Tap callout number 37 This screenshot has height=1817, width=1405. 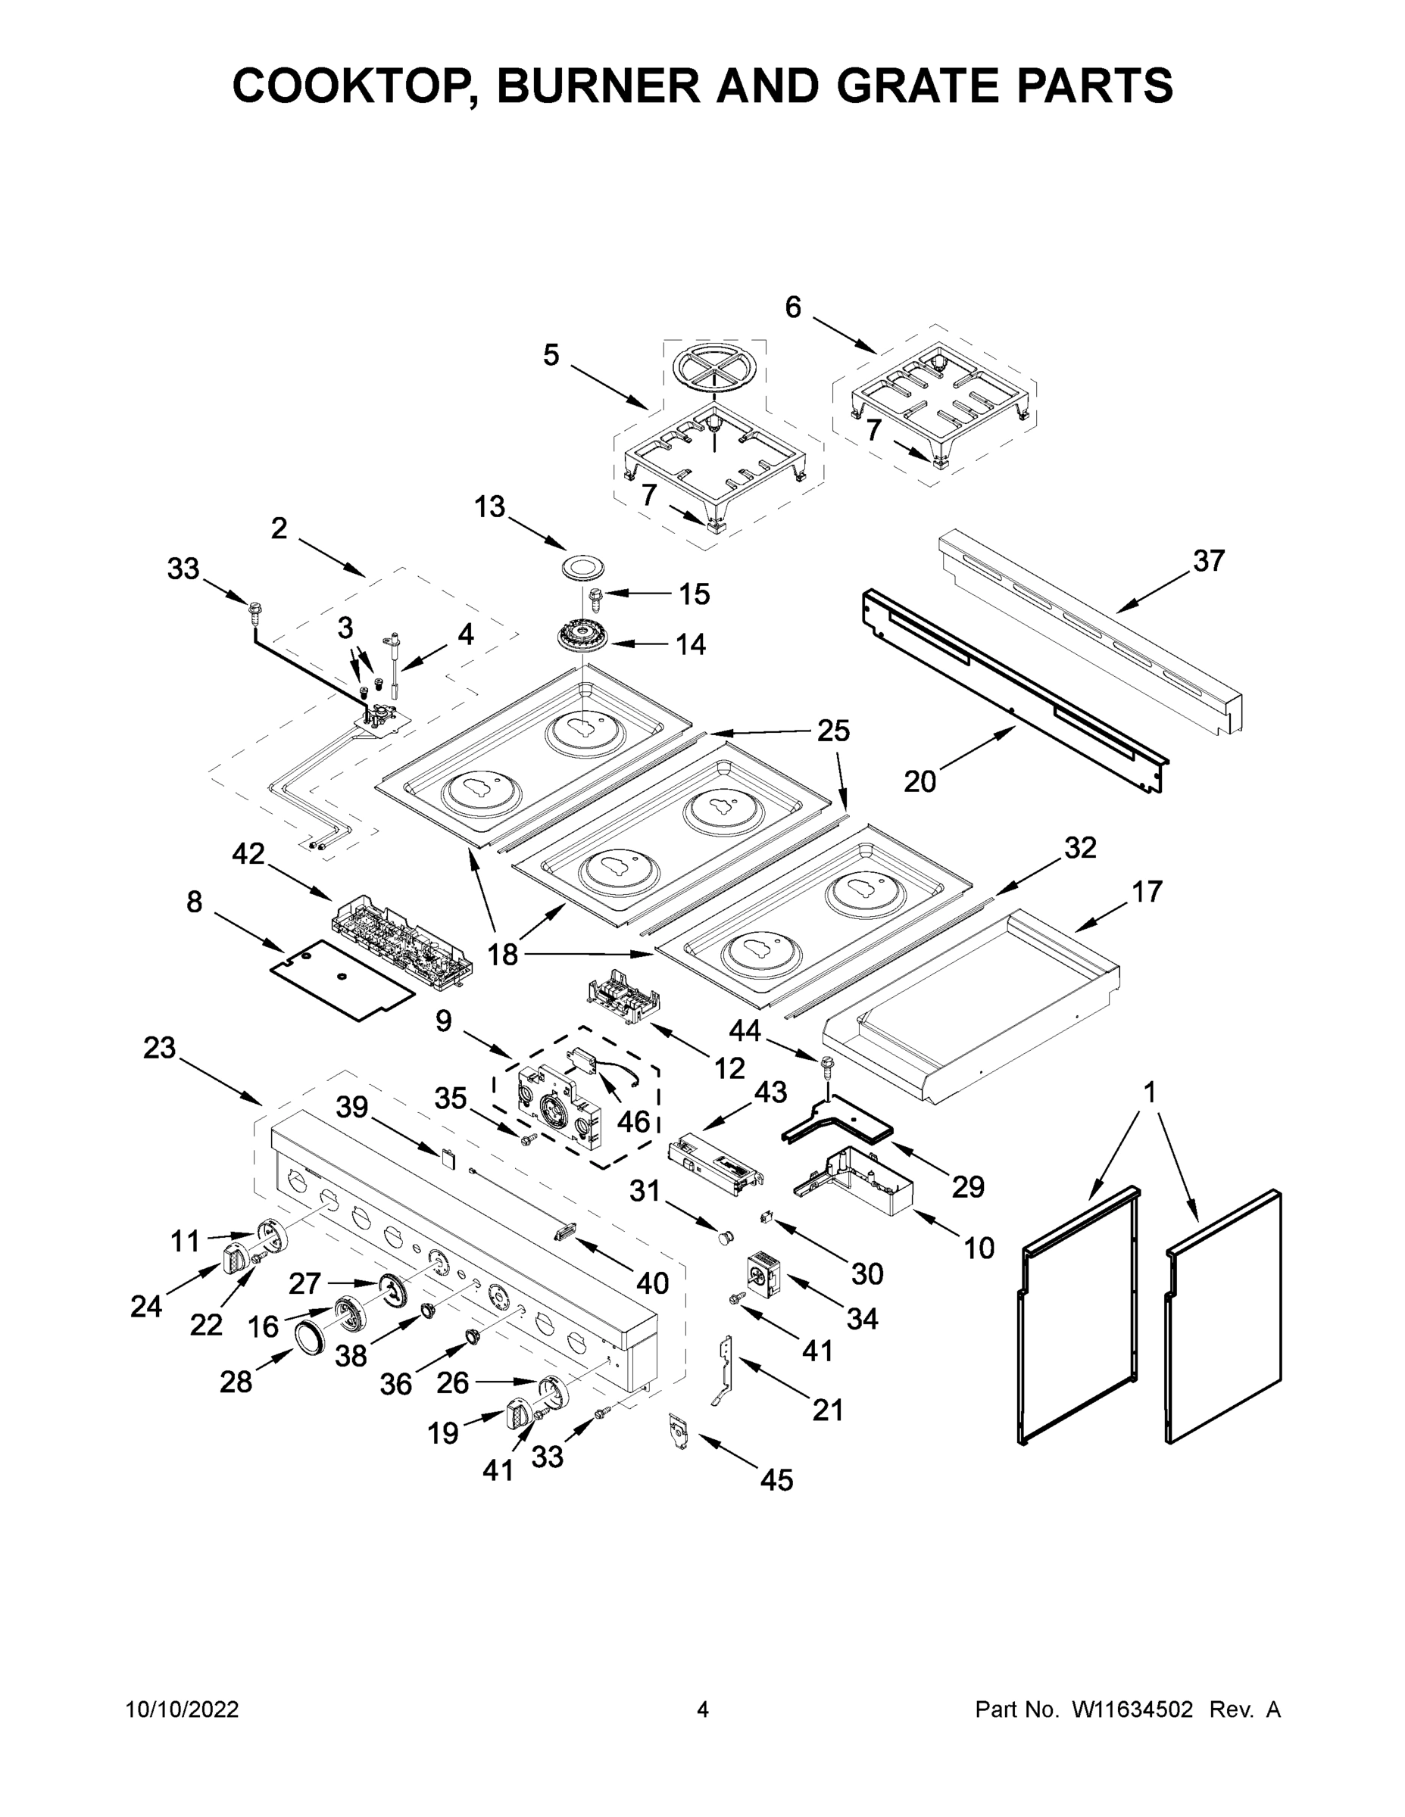click(x=1209, y=561)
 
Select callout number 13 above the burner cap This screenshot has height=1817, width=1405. click(x=490, y=506)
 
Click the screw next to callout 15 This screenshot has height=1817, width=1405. click(x=596, y=596)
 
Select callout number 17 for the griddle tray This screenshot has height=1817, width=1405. click(x=1146, y=892)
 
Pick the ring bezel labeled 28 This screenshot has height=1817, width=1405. click(x=312, y=1337)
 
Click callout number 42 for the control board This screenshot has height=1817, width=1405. click(x=248, y=852)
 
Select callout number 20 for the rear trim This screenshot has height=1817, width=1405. click(x=919, y=781)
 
